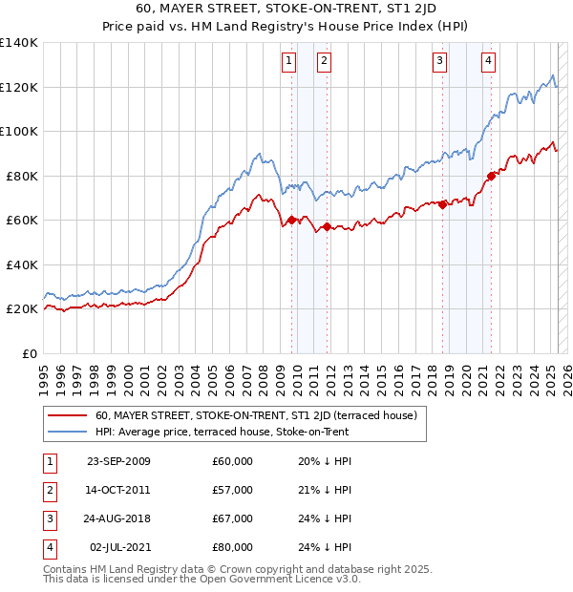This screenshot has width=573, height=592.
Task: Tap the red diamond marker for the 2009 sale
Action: (291, 221)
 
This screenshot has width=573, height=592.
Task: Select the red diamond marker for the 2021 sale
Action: (491, 176)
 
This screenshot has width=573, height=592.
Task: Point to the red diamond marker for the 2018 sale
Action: (443, 204)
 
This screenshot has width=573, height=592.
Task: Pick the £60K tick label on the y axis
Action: (22, 221)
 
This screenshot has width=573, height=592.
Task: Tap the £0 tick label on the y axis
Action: (30, 353)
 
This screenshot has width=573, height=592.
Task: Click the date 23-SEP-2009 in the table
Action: (118, 461)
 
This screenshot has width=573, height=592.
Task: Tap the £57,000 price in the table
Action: (232, 490)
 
